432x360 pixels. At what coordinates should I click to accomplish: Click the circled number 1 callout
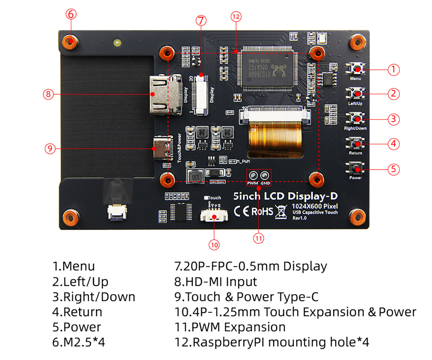pos(394,69)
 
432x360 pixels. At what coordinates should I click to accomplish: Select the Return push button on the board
pos(356,144)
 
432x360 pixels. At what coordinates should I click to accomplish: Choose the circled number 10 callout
pos(214,245)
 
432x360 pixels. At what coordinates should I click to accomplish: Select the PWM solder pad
pos(253,176)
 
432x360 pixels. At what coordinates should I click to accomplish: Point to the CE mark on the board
pos(242,211)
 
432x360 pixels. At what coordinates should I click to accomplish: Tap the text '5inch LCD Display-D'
pos(285,196)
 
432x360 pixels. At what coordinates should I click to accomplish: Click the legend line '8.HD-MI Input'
pos(216,282)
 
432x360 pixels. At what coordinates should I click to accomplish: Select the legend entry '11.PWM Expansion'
pos(230,327)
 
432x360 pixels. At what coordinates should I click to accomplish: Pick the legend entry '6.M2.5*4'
pos(78,342)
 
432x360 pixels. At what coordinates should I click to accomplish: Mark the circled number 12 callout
pos(236,17)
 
